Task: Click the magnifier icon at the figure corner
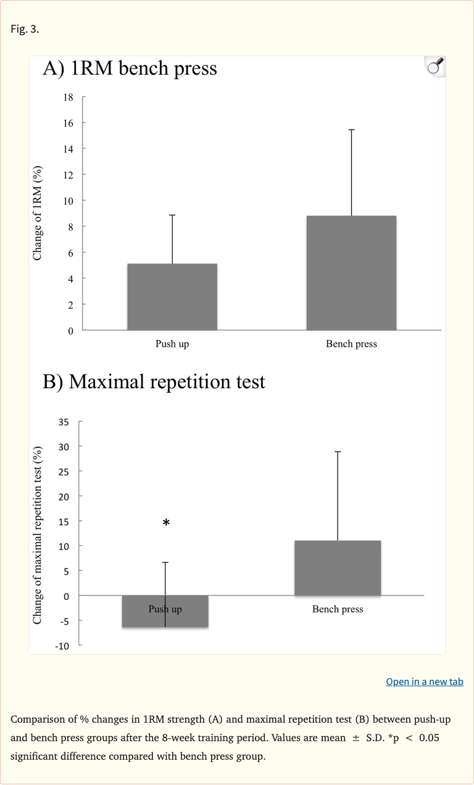click(x=435, y=66)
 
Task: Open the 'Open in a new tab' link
click(x=424, y=681)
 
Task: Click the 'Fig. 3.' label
click(x=25, y=29)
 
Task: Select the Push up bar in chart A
click(x=172, y=297)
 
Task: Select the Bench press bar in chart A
click(x=351, y=273)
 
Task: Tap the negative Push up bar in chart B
click(x=165, y=611)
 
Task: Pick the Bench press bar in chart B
click(x=338, y=568)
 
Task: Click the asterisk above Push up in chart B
click(x=166, y=523)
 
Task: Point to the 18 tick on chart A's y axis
click(x=69, y=97)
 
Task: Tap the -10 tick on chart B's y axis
click(x=63, y=646)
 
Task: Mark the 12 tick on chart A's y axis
click(x=69, y=175)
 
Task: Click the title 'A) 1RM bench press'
click(x=130, y=68)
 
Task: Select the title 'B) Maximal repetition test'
click(x=154, y=381)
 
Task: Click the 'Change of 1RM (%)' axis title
click(x=38, y=213)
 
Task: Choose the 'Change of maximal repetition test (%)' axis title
click(x=38, y=534)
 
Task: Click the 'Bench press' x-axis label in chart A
click(x=351, y=344)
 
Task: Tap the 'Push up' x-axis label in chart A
click(x=172, y=344)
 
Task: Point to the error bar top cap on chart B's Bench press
click(x=338, y=452)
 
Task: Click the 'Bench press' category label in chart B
click(x=338, y=609)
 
